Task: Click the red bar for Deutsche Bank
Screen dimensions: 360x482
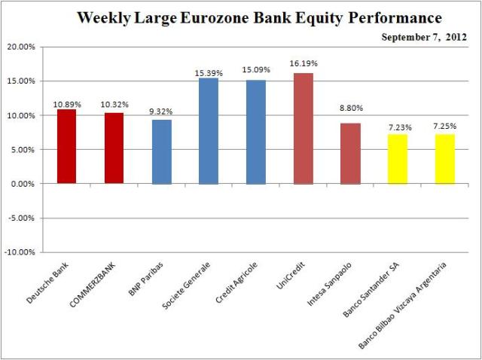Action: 67,147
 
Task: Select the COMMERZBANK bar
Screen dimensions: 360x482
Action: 114,148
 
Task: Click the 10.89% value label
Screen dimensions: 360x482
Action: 67,102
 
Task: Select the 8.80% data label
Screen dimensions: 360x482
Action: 350,116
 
